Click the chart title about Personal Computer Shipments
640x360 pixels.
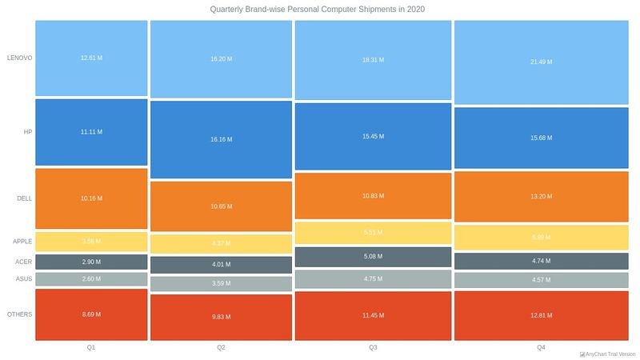click(x=318, y=10)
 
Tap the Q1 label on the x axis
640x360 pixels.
click(x=91, y=347)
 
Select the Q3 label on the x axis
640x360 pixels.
click(x=373, y=347)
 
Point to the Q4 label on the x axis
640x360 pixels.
click(x=541, y=347)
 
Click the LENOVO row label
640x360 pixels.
click(x=19, y=58)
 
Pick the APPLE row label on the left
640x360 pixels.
click(x=22, y=241)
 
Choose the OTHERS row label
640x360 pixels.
click(x=19, y=314)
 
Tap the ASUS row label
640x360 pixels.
click(x=24, y=278)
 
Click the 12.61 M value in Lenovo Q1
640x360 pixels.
click(x=91, y=58)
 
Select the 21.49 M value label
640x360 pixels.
click(x=541, y=62)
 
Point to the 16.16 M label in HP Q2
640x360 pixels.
click(x=221, y=139)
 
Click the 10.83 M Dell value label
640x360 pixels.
click(x=373, y=196)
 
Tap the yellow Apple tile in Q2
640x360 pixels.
click(x=221, y=244)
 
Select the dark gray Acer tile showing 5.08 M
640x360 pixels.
click(x=373, y=257)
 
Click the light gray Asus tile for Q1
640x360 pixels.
click(x=91, y=278)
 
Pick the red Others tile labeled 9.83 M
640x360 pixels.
click(x=221, y=317)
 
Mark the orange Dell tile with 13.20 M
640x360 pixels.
click(x=541, y=198)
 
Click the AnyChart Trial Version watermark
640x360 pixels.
click(x=607, y=354)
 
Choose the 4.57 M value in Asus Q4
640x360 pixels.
click(x=541, y=280)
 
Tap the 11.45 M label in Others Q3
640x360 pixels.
click(x=373, y=315)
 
